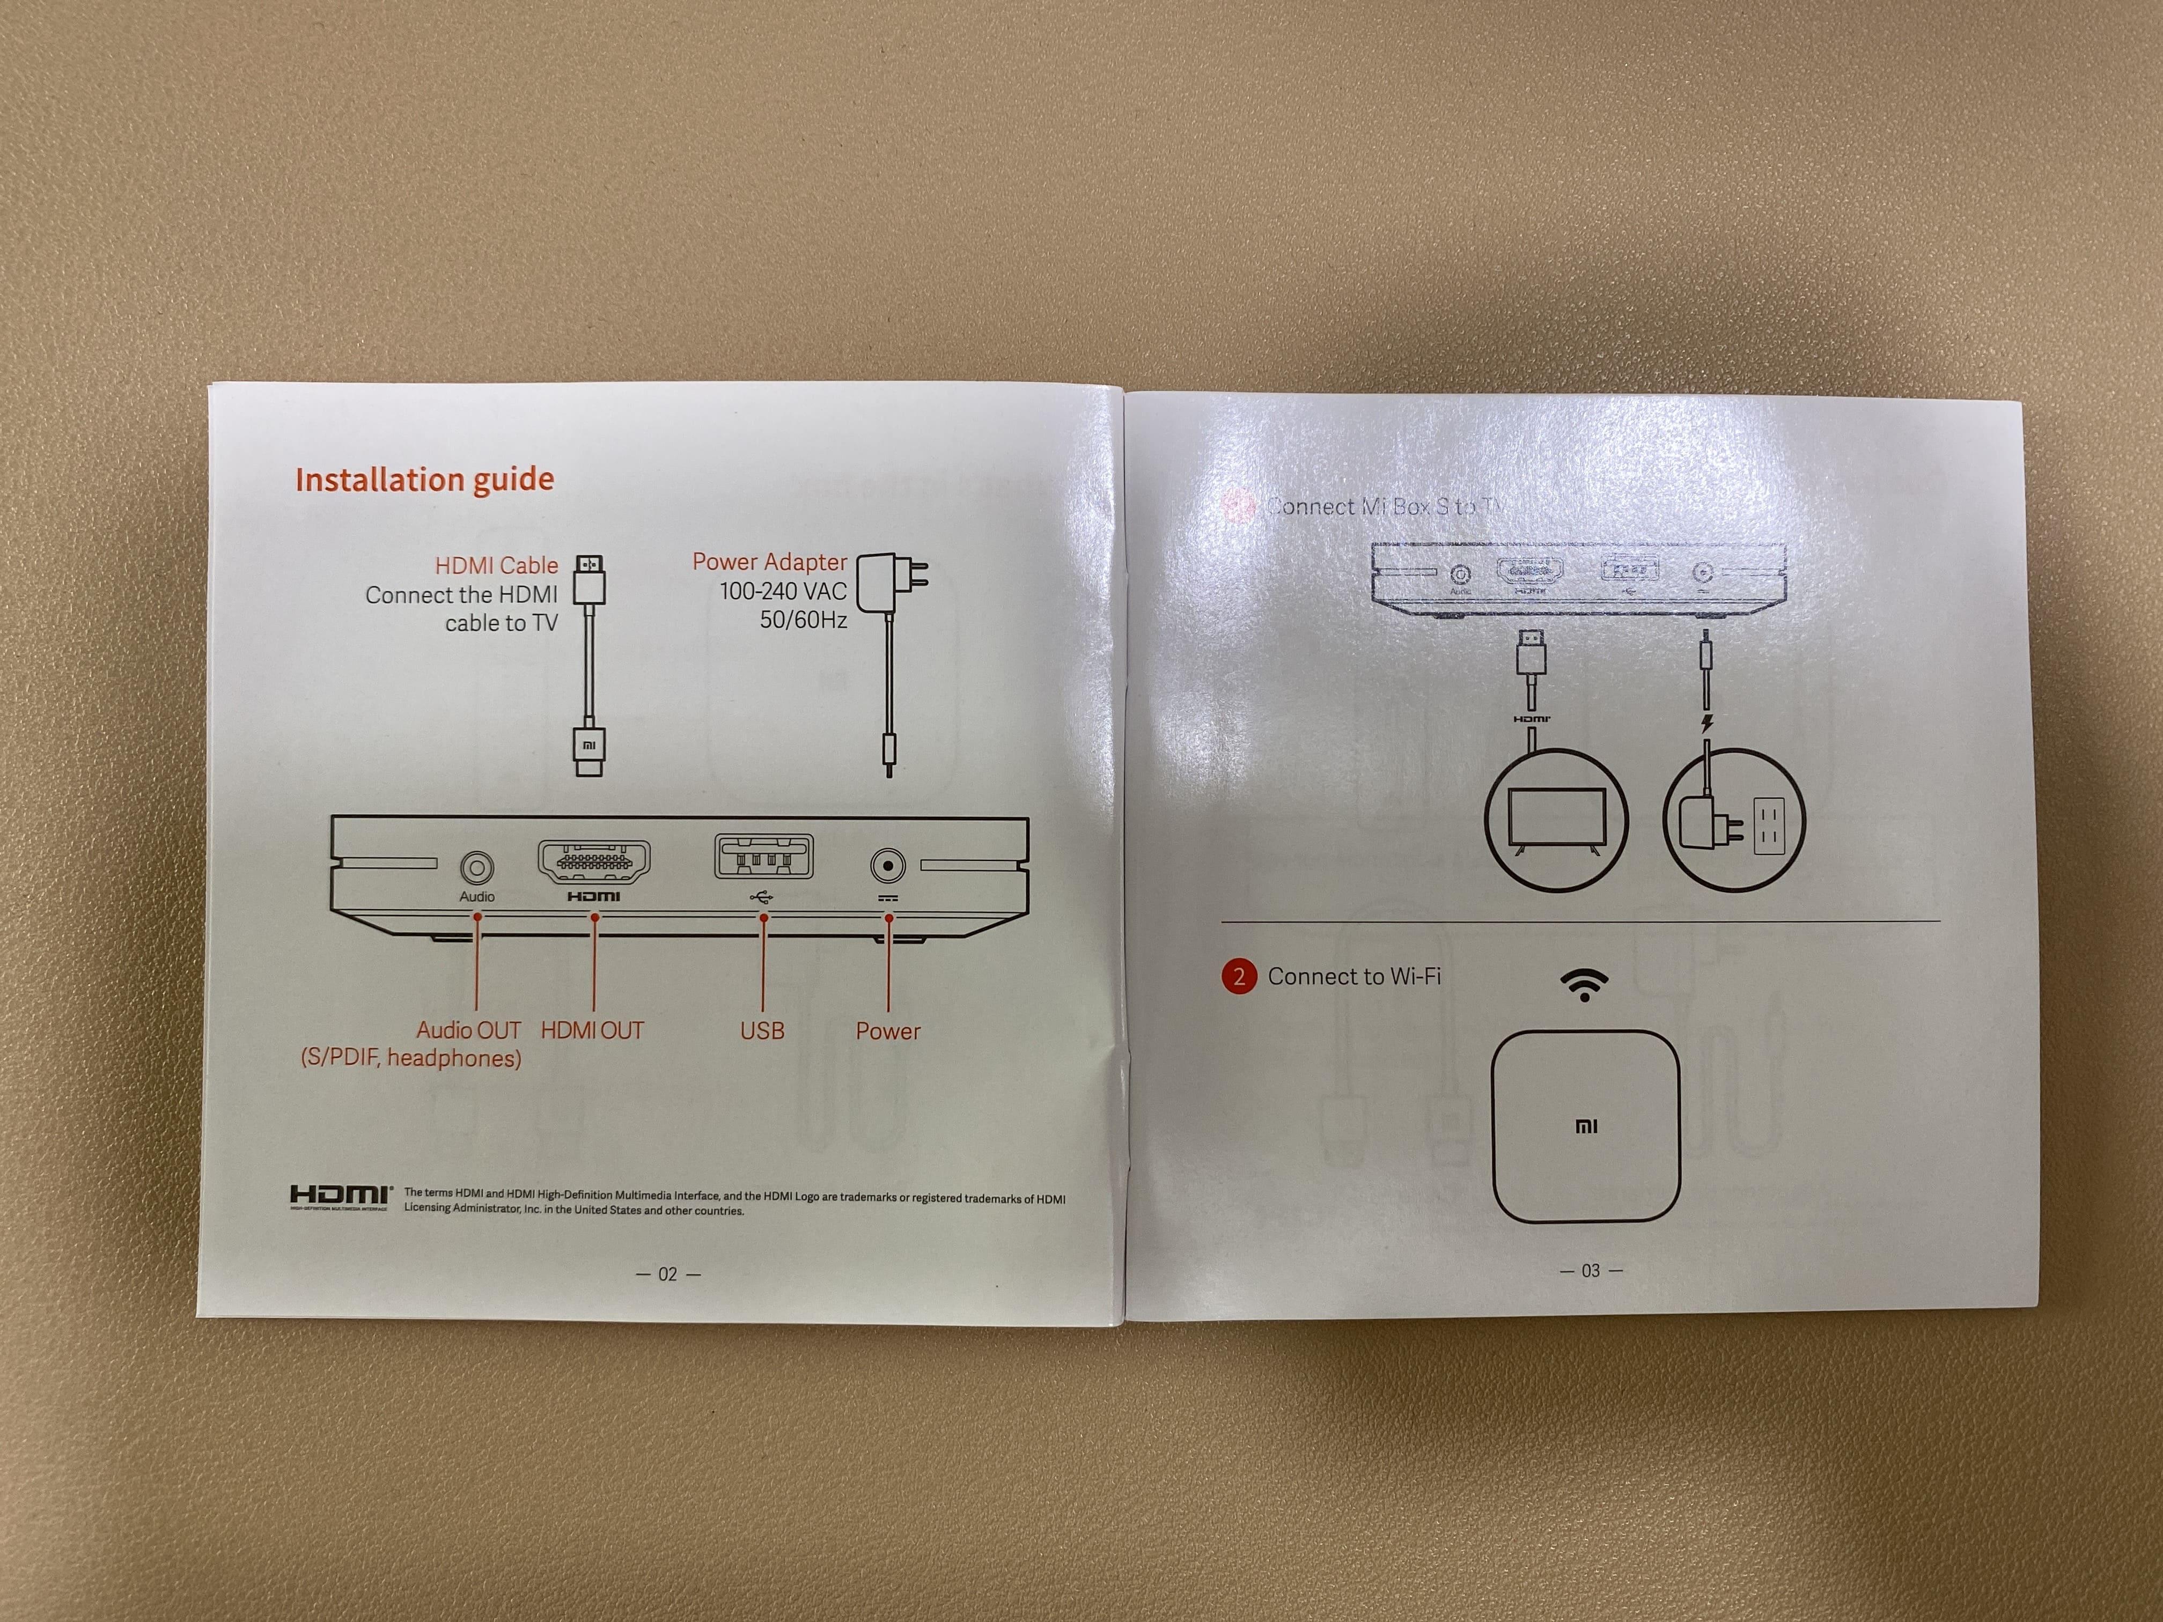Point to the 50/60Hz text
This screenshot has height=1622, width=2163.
(x=803, y=620)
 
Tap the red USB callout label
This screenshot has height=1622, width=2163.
(x=762, y=1030)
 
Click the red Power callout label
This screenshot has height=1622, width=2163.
(x=888, y=1030)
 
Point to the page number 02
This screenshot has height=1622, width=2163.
(x=668, y=1274)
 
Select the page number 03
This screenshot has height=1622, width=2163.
(x=1590, y=1270)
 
